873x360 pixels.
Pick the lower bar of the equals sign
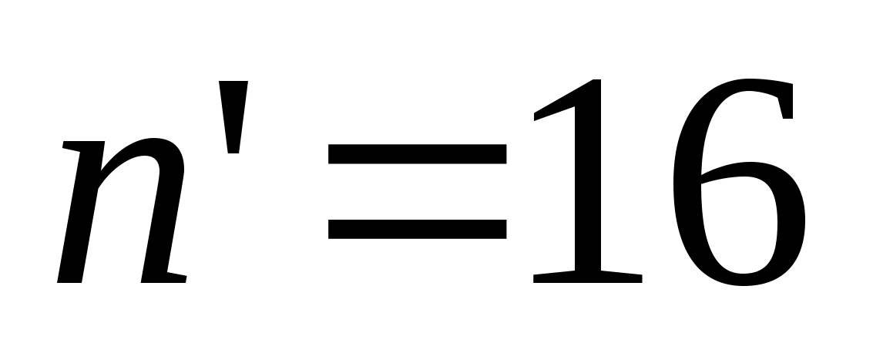[x=417, y=228]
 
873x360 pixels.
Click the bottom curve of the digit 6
[x=738, y=280]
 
